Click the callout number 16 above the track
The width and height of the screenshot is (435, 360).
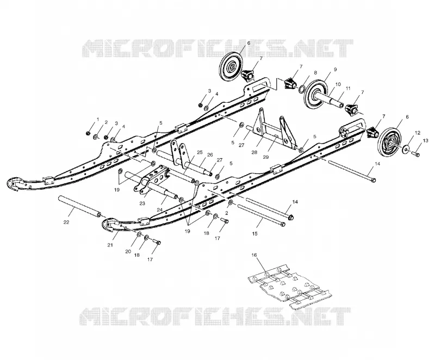[x=254, y=255]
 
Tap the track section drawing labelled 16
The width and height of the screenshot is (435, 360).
[x=290, y=288]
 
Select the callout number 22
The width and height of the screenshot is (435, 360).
[x=66, y=222]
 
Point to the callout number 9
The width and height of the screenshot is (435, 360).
[x=335, y=70]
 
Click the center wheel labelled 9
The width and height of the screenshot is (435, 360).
[x=316, y=94]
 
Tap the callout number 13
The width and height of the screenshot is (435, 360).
[x=426, y=141]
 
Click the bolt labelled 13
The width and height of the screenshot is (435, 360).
[x=415, y=154]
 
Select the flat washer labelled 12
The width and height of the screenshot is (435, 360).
[x=406, y=150]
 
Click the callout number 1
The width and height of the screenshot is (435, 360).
[x=97, y=119]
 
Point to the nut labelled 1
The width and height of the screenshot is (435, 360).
[x=88, y=133]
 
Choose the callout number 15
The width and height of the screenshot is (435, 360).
[x=254, y=233]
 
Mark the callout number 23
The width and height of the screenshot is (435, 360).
[x=142, y=203]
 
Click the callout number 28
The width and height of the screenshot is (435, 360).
[x=254, y=152]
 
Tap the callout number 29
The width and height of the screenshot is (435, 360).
[x=265, y=157]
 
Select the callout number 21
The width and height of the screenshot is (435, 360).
[x=110, y=245]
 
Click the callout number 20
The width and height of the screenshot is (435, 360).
[x=128, y=252]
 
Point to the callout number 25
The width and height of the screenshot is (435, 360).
[x=200, y=152]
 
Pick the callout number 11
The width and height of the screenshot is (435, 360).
[x=348, y=88]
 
